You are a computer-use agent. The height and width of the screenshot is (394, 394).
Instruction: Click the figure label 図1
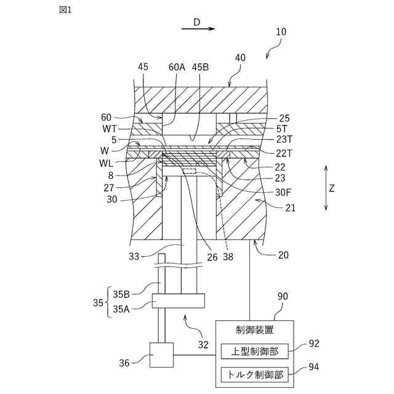[x=65, y=10]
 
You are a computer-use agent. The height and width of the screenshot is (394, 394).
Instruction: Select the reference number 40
[x=240, y=58]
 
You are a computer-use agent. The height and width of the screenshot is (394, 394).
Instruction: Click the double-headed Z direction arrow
[x=326, y=188]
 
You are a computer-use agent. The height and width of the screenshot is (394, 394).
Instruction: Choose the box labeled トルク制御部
[x=254, y=374]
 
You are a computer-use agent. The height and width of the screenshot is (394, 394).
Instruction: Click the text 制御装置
[x=254, y=330]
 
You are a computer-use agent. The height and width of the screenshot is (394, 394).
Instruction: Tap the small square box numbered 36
[x=162, y=355]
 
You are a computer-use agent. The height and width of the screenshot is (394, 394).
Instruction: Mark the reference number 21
[x=289, y=208]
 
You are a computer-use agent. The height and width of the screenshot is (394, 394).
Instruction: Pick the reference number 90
[x=282, y=297]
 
